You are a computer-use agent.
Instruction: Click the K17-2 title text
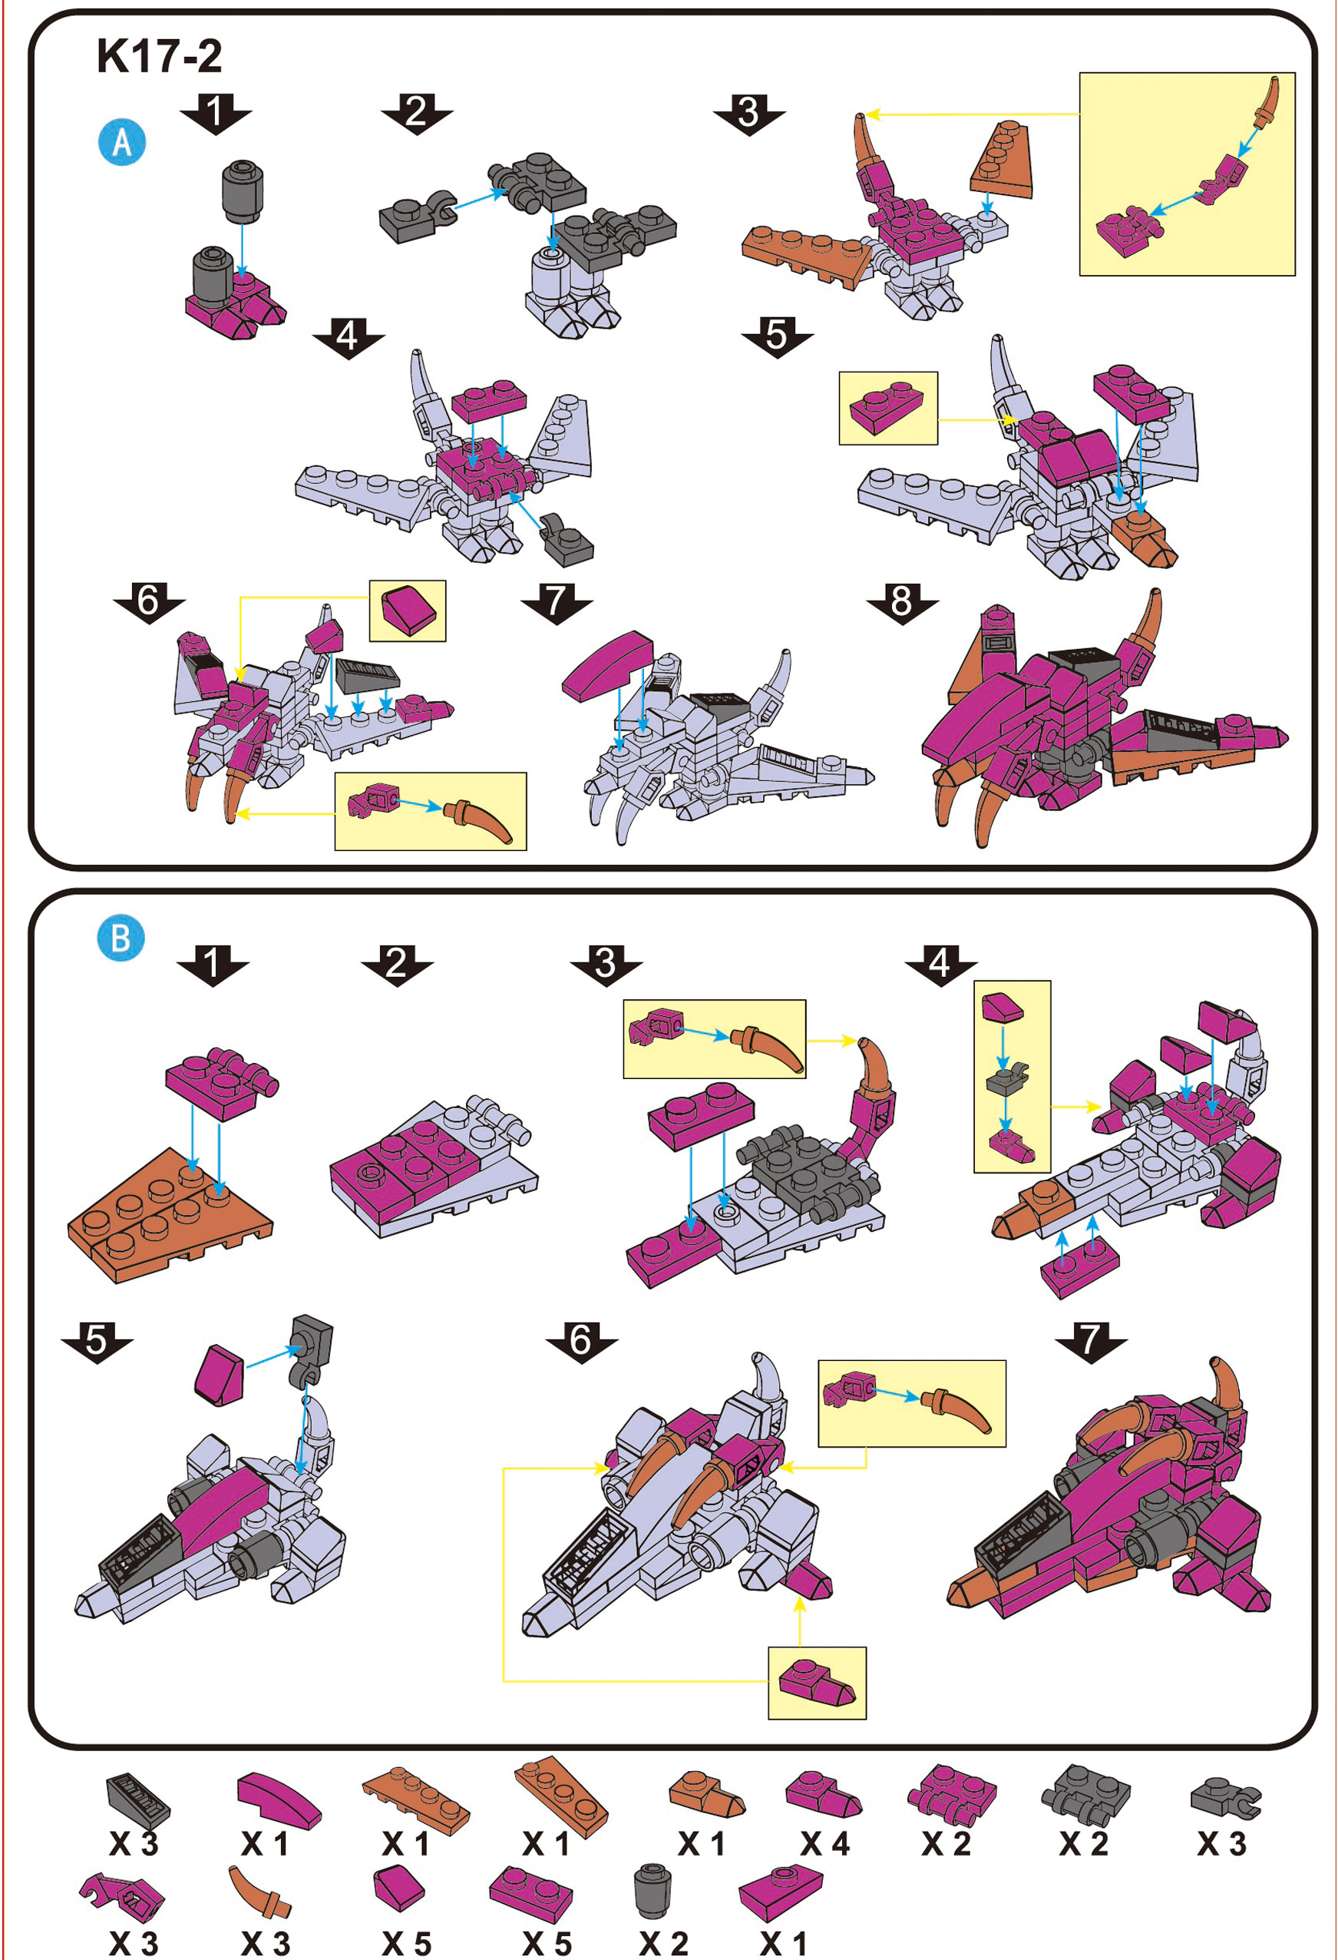tap(160, 55)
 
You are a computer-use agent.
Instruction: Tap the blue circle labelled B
tap(121, 936)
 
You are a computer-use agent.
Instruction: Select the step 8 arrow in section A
tap(902, 601)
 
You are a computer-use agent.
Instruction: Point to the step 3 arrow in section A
tap(749, 112)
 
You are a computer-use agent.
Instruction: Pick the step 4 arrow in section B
tap(941, 963)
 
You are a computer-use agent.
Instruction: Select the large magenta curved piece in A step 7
tap(607, 665)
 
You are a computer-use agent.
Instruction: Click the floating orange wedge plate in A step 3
tap(1002, 160)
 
